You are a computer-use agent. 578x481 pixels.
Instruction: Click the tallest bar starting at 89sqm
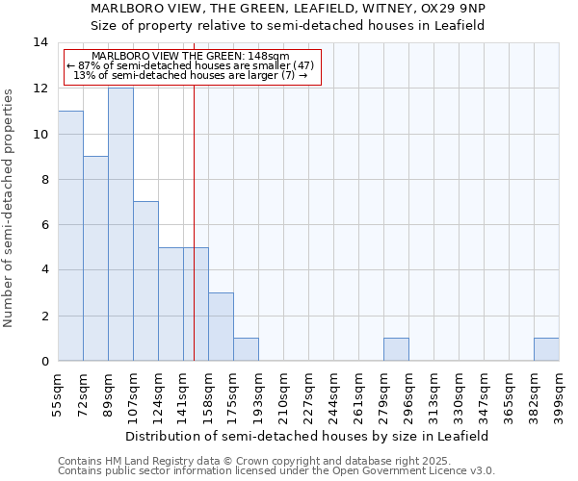(x=120, y=224)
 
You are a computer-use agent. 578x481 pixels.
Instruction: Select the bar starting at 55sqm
(x=70, y=236)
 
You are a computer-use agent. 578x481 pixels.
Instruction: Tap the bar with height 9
(x=95, y=259)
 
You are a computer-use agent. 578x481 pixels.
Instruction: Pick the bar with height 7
(x=145, y=281)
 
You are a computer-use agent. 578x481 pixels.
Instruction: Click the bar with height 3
(x=221, y=327)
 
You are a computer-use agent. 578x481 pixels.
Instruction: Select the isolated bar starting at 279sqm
(x=396, y=349)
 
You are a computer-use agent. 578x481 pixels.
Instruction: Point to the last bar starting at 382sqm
(x=546, y=349)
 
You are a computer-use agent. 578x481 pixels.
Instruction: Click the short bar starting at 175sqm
(x=246, y=349)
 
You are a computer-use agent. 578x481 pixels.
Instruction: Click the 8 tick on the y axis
(x=44, y=179)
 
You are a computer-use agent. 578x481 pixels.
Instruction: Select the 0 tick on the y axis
(x=44, y=361)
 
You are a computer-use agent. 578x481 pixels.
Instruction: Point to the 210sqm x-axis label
(x=283, y=395)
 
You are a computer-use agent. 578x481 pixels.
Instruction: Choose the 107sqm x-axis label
(x=133, y=395)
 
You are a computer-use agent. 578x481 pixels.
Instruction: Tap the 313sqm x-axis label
(x=433, y=395)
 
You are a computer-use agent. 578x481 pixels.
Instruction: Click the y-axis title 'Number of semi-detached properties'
(x=10, y=208)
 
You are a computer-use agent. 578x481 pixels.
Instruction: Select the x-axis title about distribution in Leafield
(x=308, y=436)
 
